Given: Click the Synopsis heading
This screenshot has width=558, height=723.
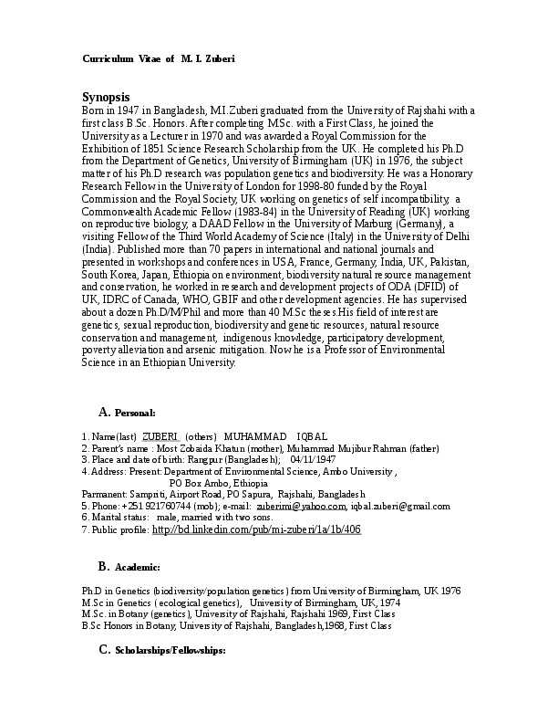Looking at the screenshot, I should [107, 97].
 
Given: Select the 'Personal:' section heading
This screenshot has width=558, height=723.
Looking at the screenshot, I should [135, 414].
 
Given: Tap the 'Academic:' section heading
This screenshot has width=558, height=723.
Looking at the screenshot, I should [137, 567].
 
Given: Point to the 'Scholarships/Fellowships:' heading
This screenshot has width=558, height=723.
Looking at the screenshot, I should [169, 650].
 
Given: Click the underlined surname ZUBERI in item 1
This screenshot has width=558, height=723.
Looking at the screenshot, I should [160, 436].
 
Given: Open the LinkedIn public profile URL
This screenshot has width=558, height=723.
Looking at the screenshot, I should [257, 529].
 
